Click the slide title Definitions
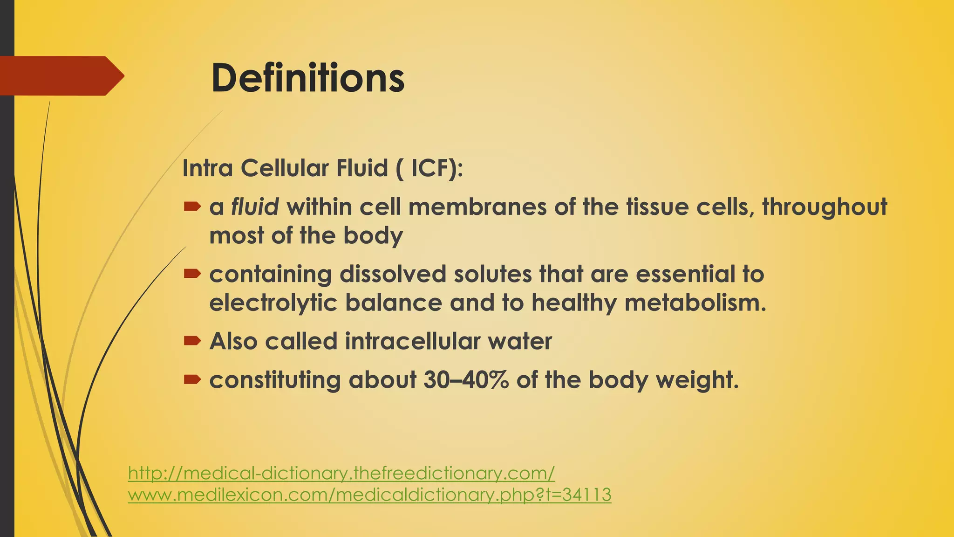tap(307, 78)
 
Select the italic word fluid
tap(255, 207)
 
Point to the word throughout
tap(824, 207)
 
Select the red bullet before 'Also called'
tap(191, 341)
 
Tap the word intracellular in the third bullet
tap(412, 341)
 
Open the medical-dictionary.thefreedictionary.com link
tap(341, 473)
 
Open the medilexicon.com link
tap(369, 495)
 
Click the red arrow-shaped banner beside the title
tap(61, 76)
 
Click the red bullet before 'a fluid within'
tap(191, 206)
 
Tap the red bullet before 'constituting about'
tap(191, 379)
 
